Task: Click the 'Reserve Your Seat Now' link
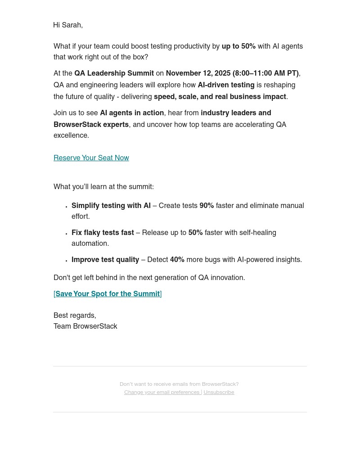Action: click(x=91, y=158)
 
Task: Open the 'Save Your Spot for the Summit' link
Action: click(x=108, y=294)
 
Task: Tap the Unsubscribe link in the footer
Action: click(x=219, y=392)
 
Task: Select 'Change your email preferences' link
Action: click(x=162, y=392)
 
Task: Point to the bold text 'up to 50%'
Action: click(x=238, y=46)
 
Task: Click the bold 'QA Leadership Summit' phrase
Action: click(x=114, y=73)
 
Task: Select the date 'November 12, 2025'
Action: click(x=198, y=73)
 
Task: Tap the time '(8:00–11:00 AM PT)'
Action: click(x=265, y=73)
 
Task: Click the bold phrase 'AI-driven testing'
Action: click(x=226, y=85)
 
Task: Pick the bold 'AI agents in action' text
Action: click(x=132, y=113)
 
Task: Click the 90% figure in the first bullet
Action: click(x=207, y=206)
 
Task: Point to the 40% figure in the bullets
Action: click(x=177, y=260)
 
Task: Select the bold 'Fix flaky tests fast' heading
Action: click(x=103, y=233)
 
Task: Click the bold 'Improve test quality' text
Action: click(x=105, y=260)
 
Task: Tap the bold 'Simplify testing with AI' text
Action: click(x=111, y=206)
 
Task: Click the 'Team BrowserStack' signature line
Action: click(x=85, y=326)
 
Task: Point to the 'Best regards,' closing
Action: click(x=75, y=316)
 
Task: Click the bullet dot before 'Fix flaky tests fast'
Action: click(x=67, y=234)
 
